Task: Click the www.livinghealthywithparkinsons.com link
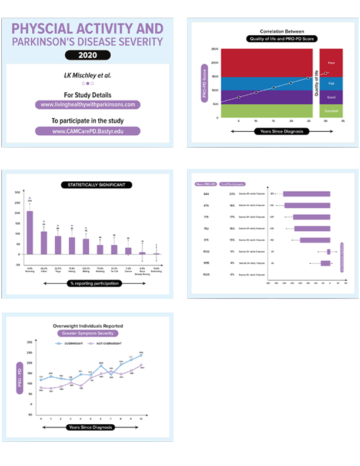[88, 104]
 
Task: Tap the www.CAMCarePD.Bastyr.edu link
[88, 131]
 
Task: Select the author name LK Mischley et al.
[88, 75]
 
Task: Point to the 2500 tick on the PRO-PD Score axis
[214, 49]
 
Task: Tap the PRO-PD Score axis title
[204, 82]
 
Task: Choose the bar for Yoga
[58, 245]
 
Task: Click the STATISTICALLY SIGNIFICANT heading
[96, 185]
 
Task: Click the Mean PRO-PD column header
[206, 185]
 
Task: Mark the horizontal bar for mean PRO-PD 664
[306, 194]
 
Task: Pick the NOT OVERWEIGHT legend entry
[106, 342]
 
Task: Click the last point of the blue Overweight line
[141, 355]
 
